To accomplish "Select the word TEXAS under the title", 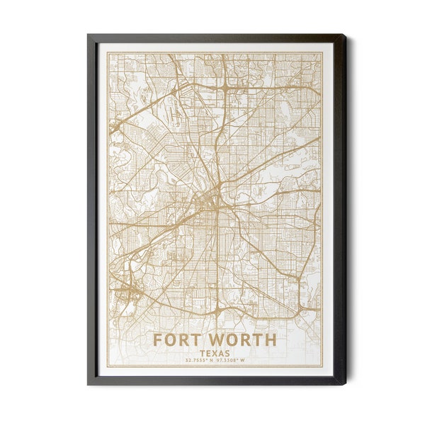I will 214,353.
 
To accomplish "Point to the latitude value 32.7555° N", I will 196,361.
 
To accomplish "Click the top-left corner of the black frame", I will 88,34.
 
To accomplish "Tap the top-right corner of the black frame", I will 346,34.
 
